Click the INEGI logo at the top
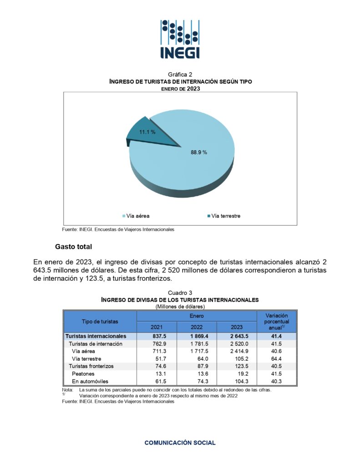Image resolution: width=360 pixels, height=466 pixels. point(180,39)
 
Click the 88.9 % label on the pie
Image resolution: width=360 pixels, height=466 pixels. point(198,152)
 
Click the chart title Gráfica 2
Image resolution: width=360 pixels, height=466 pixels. point(180,74)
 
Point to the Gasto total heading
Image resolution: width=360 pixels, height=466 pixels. point(73,247)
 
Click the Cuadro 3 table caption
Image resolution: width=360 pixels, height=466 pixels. point(180,293)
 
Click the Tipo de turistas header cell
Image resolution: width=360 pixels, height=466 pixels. point(100,321)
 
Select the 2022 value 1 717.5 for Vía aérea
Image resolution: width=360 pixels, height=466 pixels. point(196,351)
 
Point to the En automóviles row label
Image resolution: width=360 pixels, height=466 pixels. point(90,381)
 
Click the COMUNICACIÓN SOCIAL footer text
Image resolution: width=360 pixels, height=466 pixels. point(180,442)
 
